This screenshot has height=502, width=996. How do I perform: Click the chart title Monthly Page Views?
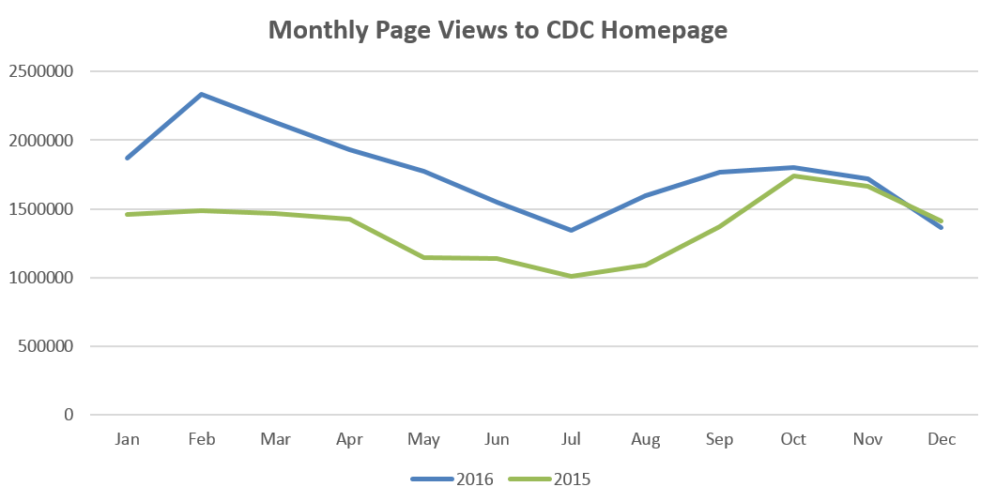[x=498, y=30]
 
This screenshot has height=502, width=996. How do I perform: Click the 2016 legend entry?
[x=475, y=479]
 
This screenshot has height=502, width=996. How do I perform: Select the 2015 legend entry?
[x=573, y=479]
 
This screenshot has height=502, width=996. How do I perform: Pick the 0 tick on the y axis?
[x=68, y=415]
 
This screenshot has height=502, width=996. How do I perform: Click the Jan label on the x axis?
[x=127, y=439]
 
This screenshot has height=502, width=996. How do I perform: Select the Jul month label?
[x=571, y=439]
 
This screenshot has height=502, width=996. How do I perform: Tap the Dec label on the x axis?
[x=942, y=439]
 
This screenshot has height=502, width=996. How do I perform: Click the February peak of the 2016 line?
[x=201, y=94]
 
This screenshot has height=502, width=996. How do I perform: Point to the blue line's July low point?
[x=571, y=230]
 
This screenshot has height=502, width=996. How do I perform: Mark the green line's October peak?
[x=793, y=176]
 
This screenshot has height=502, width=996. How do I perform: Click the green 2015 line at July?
[x=571, y=276]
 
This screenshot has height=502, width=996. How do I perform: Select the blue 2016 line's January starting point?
[x=127, y=158]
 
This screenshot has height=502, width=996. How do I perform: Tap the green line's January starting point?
[x=127, y=215]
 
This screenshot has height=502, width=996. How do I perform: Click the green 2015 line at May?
[x=423, y=257]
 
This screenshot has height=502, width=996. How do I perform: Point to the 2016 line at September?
[x=720, y=172]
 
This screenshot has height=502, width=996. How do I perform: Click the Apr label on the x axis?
[x=349, y=439]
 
